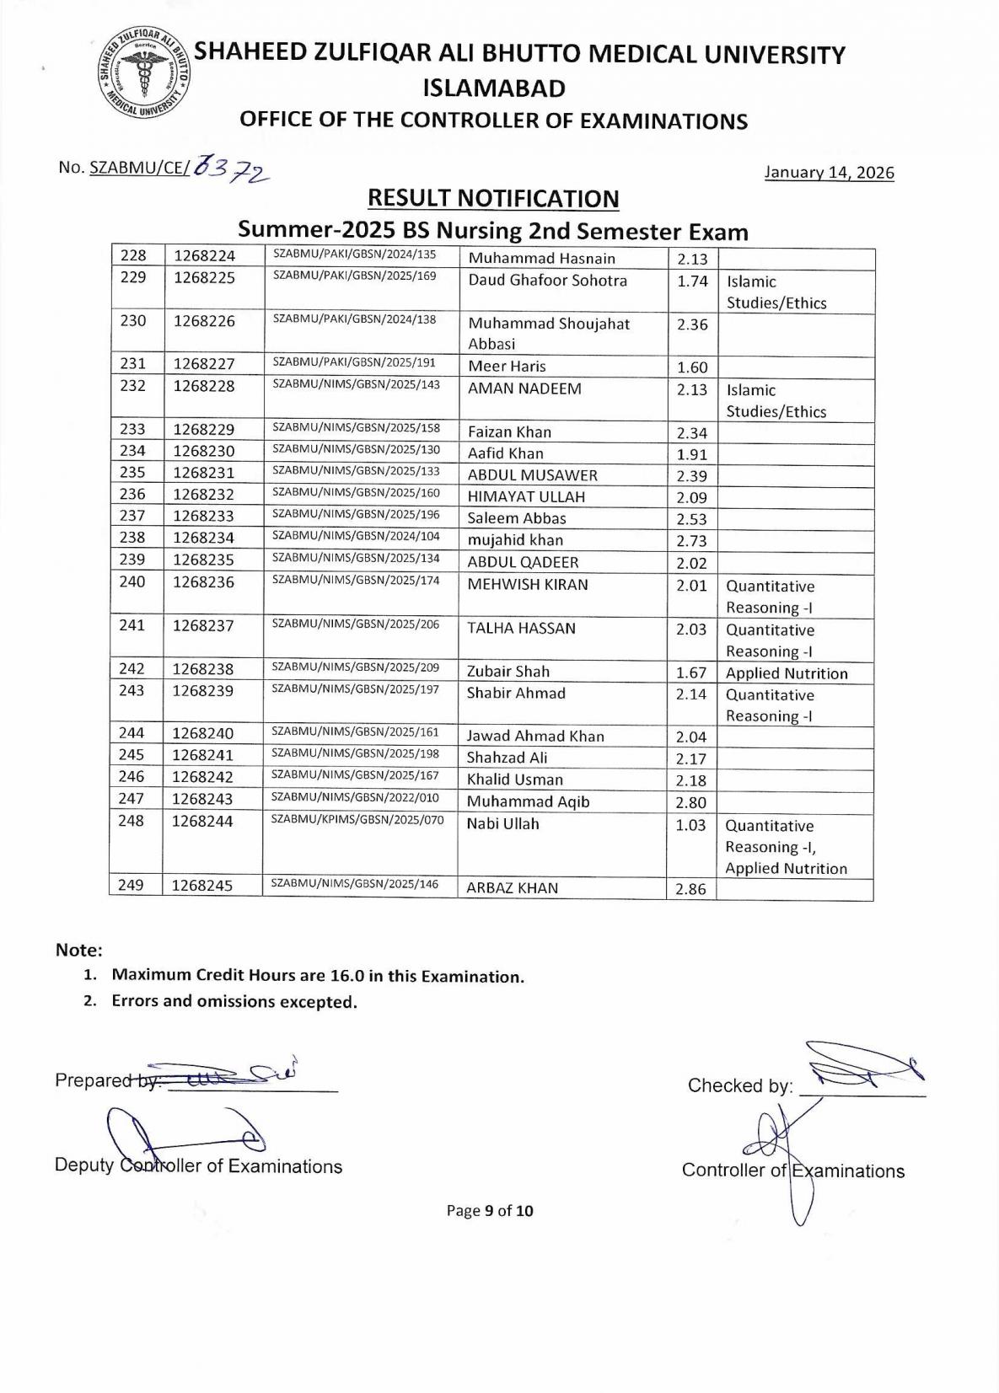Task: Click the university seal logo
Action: click(142, 78)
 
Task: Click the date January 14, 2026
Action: click(829, 173)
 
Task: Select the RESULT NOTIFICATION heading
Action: click(493, 199)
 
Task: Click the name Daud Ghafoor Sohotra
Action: click(547, 281)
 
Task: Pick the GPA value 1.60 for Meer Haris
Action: click(692, 367)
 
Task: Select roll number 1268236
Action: click(204, 582)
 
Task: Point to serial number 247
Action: click(132, 799)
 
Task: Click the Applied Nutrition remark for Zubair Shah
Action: click(787, 673)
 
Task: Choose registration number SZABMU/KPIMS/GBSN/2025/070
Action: click(357, 819)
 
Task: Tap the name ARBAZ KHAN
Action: click(512, 888)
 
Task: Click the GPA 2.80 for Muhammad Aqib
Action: click(690, 803)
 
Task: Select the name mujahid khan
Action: click(515, 540)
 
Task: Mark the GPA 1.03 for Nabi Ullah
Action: click(690, 825)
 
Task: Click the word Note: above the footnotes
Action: click(79, 951)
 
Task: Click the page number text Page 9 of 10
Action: click(490, 1211)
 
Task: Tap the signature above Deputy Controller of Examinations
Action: click(181, 1134)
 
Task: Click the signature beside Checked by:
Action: click(864, 1066)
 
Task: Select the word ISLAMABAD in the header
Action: click(493, 88)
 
